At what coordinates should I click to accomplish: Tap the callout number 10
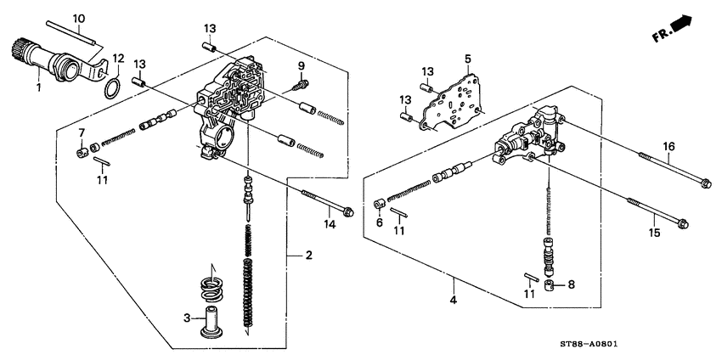pyautogui.click(x=79, y=18)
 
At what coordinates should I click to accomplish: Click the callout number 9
pyautogui.click(x=301, y=66)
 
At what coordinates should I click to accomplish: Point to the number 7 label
pyautogui.click(x=82, y=132)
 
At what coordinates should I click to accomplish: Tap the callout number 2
pyautogui.click(x=309, y=255)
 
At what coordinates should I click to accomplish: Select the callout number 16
pyautogui.click(x=669, y=147)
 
